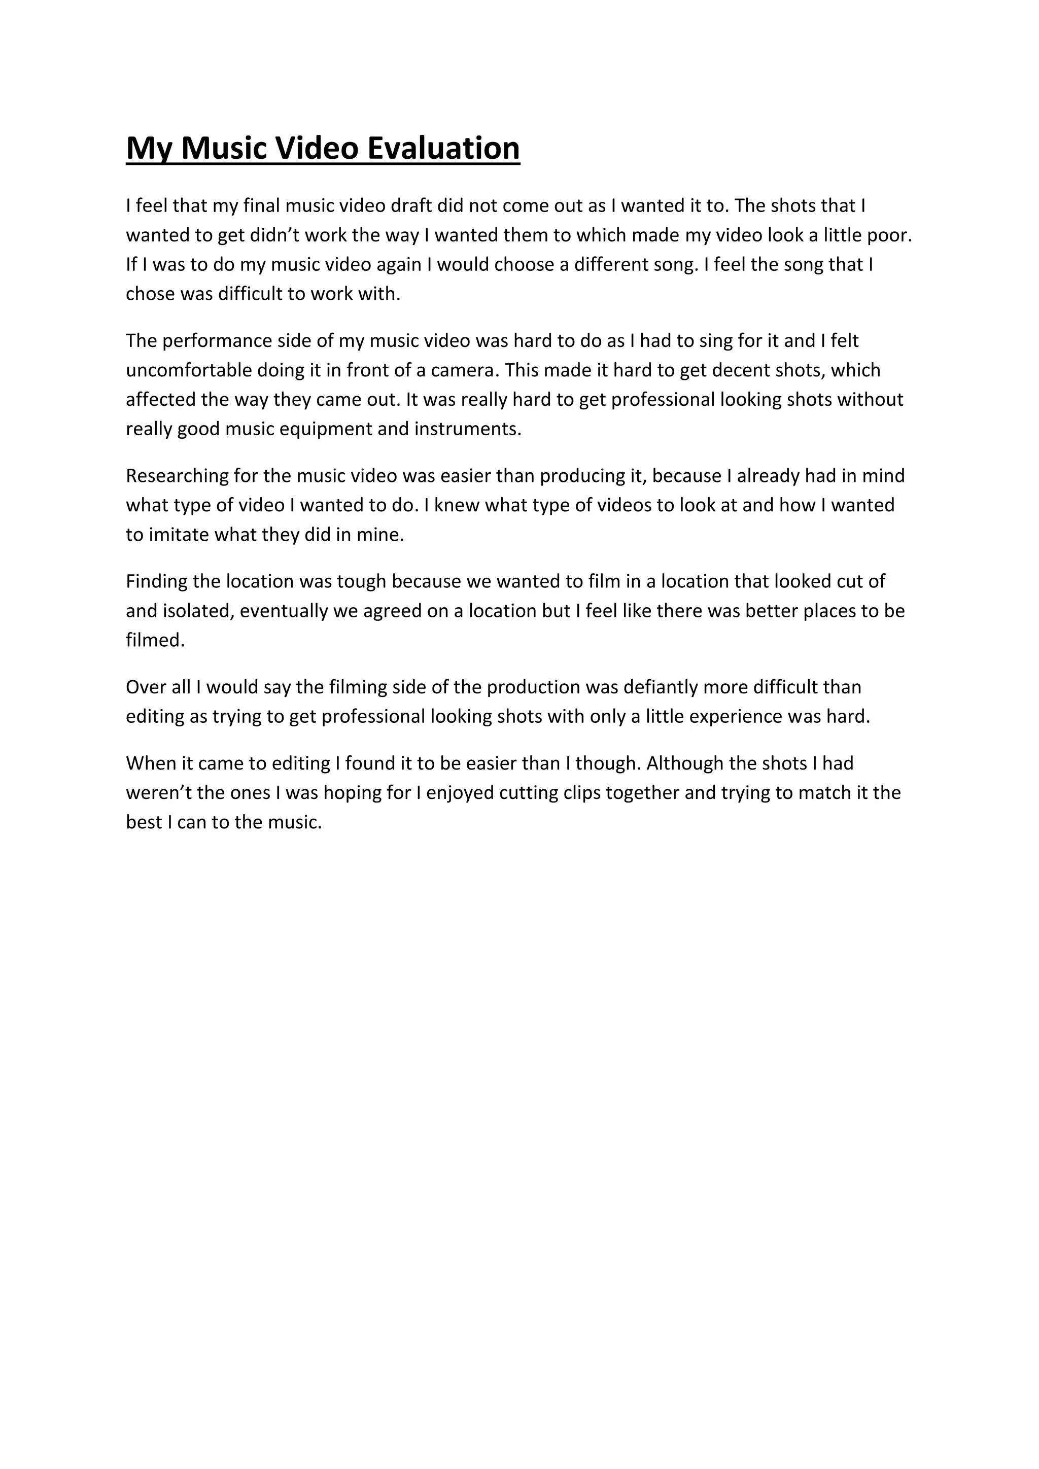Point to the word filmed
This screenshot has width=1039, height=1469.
(x=155, y=641)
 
